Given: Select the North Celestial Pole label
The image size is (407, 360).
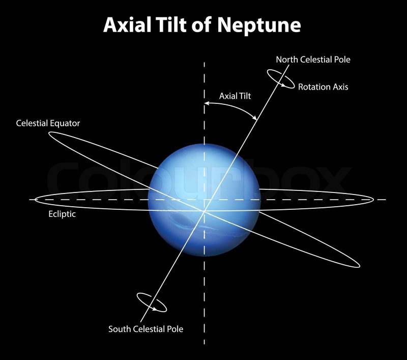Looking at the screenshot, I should pos(313,60).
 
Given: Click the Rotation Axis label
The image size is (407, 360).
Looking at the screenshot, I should pos(323,87).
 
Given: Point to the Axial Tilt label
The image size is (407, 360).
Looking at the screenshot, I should pos(235,95).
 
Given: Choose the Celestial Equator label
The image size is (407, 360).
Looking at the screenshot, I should pos(48,123).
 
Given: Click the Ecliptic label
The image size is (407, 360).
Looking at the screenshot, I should pos(59,214).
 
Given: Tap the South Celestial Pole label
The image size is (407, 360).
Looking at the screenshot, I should pos(146,329).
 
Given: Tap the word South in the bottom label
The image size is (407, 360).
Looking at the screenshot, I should pos(120,329).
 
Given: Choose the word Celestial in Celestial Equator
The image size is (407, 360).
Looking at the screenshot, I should pos(33,123).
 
